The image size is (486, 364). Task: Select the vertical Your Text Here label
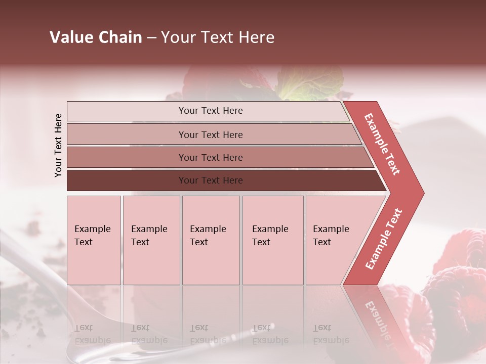pyautogui.click(x=58, y=145)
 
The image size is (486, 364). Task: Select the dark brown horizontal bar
pyautogui.click(x=127, y=180)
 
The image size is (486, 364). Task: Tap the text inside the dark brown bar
pyautogui.click(x=211, y=180)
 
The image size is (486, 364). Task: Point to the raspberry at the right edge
pyautogui.click(x=463, y=248)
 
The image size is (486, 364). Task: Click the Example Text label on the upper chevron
pyautogui.click(x=383, y=144)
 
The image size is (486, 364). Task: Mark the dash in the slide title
pyautogui.click(x=151, y=37)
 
